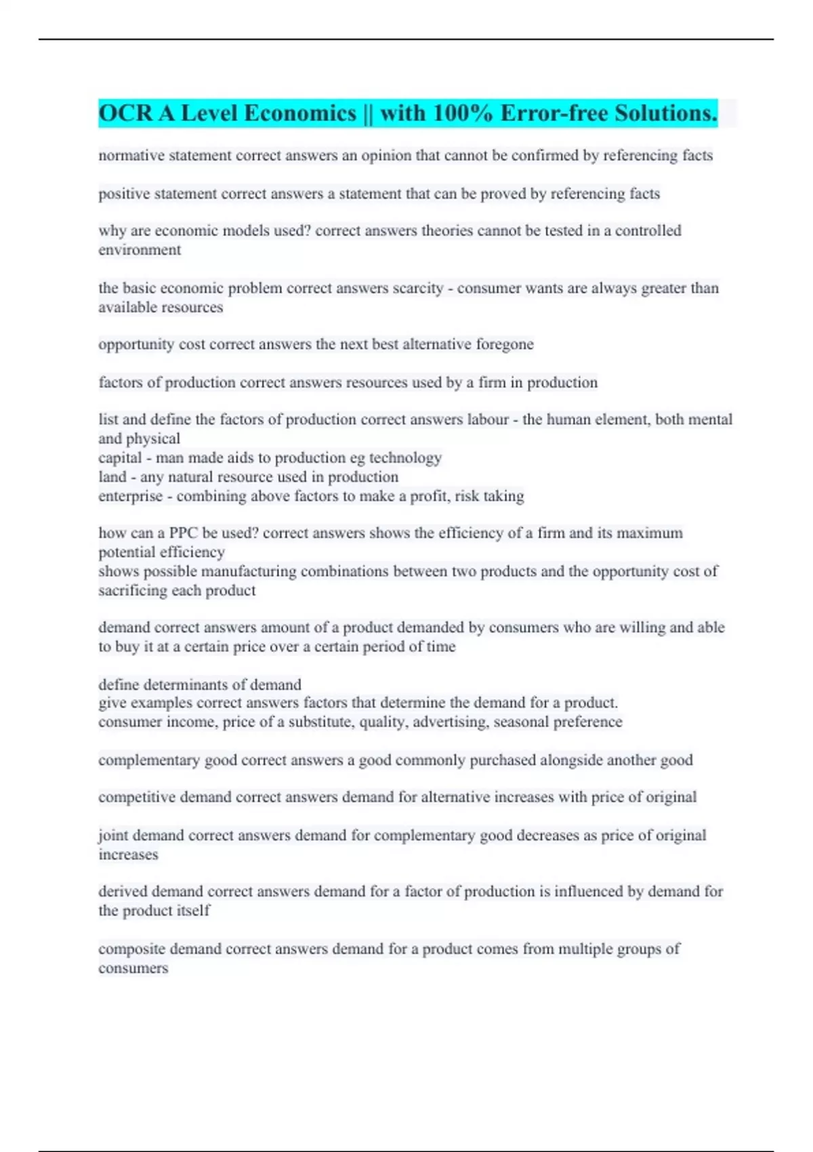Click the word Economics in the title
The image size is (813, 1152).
[x=299, y=113]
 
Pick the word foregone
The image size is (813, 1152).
[x=505, y=344]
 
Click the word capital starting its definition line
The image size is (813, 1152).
[x=120, y=458]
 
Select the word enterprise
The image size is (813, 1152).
[x=131, y=496]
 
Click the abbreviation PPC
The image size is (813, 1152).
[x=183, y=533]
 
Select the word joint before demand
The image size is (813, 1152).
[x=113, y=836]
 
